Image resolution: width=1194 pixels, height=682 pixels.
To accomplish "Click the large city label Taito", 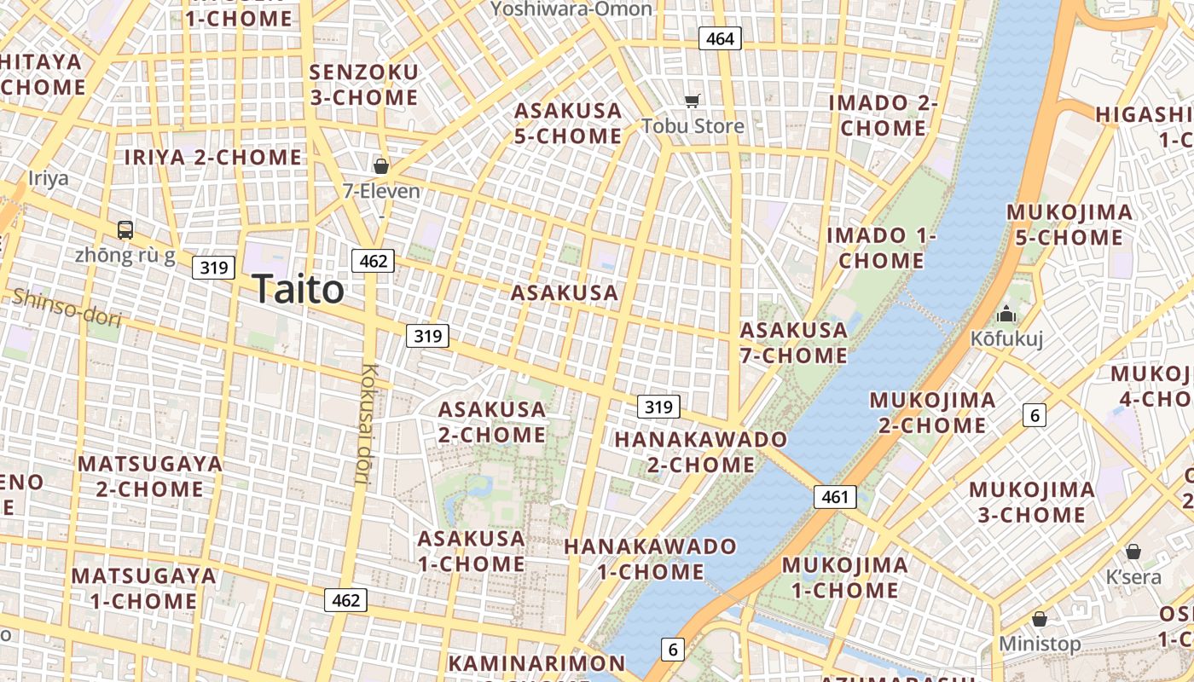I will tap(298, 290).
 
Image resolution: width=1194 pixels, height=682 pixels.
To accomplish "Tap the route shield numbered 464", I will tap(720, 38).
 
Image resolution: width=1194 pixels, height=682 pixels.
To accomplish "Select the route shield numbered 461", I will tap(834, 496).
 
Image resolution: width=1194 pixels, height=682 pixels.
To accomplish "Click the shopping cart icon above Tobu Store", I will tap(693, 101).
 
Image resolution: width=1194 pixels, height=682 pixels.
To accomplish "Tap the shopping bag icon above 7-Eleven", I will tap(381, 165).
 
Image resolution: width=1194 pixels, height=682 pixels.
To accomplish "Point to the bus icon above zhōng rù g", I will tap(125, 229).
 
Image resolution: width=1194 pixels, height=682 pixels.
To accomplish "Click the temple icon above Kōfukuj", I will tap(1006, 314).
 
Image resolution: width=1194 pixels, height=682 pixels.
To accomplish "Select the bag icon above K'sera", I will tap(1133, 552).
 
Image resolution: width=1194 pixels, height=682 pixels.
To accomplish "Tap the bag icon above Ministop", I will tap(1039, 618).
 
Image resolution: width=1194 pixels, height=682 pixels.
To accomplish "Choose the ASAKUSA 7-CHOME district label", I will tap(794, 343).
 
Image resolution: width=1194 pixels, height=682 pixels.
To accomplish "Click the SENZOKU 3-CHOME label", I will tap(364, 84).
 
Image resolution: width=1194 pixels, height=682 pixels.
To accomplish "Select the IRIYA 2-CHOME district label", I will tap(213, 157).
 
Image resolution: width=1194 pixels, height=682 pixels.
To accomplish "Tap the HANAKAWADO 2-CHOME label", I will tap(701, 452).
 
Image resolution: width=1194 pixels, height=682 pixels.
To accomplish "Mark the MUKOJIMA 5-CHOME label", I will tap(1069, 225).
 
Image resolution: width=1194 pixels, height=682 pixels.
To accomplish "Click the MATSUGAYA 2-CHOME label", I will tap(150, 477).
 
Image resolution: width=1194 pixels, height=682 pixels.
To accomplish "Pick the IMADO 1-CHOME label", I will tap(881, 248).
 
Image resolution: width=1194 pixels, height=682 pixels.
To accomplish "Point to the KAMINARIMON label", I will tap(536, 663).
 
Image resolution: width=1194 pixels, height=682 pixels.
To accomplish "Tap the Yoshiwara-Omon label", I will tap(571, 9).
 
